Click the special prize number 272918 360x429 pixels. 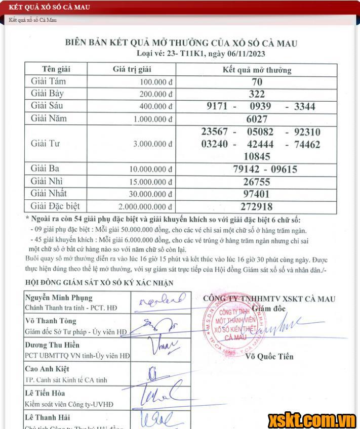(258, 206)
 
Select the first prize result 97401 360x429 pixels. (258, 194)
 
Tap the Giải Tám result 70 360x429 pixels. (257, 81)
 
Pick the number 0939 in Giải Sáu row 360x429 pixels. (260, 106)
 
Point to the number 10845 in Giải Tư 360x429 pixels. (257, 156)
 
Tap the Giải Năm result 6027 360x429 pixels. (257, 119)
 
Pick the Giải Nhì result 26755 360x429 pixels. (257, 182)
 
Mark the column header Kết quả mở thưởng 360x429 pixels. (257, 70)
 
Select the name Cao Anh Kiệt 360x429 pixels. (47, 369)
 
